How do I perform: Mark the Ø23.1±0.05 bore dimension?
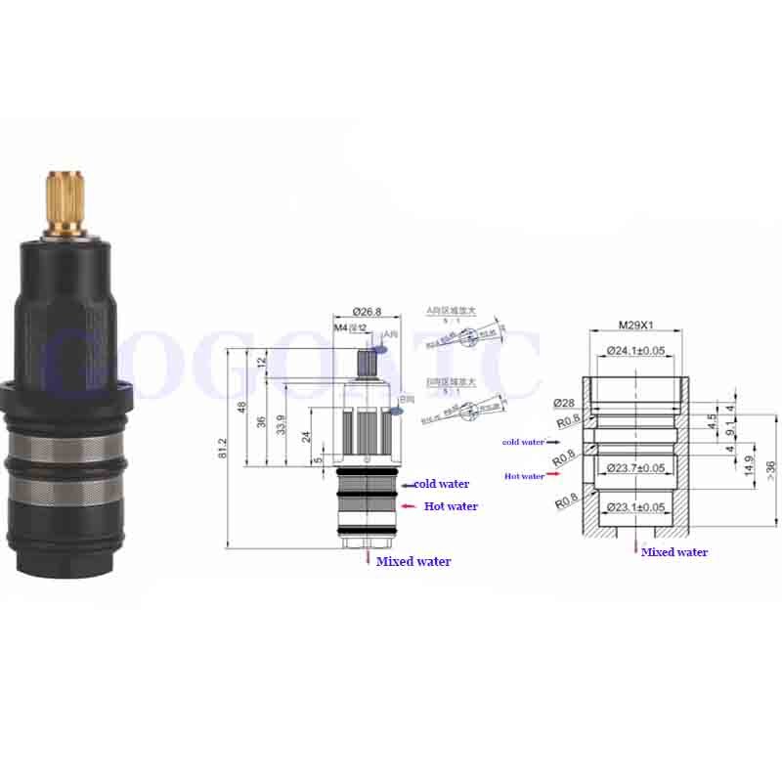click(637, 507)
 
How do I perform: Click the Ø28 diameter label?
click(563, 403)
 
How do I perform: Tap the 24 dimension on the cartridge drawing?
click(305, 437)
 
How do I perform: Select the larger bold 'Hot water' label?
click(451, 506)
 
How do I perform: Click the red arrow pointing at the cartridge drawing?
click(408, 506)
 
